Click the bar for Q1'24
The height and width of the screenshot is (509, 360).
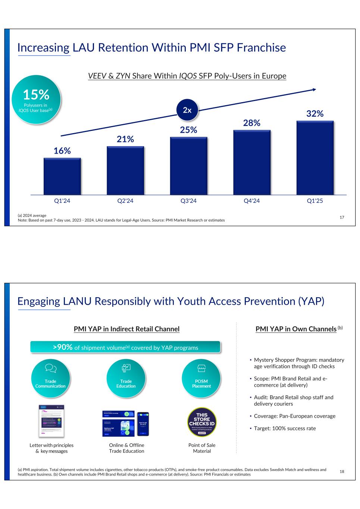coord(62,176)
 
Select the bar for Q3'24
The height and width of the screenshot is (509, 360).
coord(188,166)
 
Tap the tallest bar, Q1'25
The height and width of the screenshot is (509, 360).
coord(315,158)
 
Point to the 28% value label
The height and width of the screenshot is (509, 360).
coord(251,123)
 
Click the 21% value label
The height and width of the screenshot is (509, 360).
coord(125,139)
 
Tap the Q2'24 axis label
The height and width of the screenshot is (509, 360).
coord(125,201)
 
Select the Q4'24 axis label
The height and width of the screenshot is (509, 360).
coord(251,201)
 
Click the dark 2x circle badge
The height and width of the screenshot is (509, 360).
coord(187,110)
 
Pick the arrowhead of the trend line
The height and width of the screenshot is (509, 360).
coord(314,89)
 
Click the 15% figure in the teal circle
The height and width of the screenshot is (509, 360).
coord(36,95)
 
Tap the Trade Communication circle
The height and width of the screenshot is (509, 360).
coord(50,378)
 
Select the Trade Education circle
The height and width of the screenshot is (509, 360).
coord(126,378)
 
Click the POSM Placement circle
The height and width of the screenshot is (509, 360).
coord(201,378)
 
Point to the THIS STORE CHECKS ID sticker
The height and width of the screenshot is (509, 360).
coord(202,422)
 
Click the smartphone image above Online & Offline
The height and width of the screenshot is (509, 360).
coord(143,424)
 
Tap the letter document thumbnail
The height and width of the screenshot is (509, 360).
coord(51,421)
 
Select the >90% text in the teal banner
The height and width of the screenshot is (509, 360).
coord(63,347)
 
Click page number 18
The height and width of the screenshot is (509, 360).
coord(342,472)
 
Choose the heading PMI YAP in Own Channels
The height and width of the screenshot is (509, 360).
coord(296,329)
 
